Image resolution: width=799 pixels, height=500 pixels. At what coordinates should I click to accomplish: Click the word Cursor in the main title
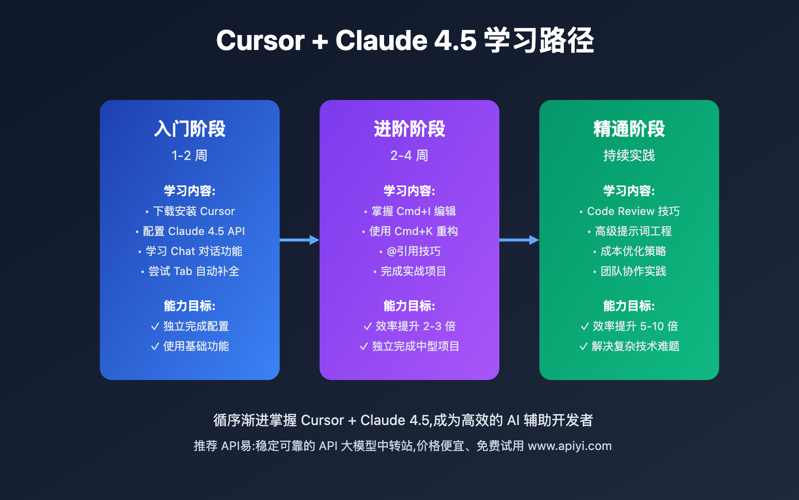(x=260, y=40)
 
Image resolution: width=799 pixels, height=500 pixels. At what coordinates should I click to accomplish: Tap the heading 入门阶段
(x=190, y=129)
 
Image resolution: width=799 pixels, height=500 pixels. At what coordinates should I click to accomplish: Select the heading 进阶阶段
(x=409, y=129)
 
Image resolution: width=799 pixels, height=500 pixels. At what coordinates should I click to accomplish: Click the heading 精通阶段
(x=629, y=129)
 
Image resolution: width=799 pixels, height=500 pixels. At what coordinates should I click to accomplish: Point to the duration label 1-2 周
(x=190, y=155)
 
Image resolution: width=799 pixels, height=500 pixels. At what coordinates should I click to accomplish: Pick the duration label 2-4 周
(x=409, y=155)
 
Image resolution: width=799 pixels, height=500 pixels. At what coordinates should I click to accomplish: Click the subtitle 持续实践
(x=629, y=155)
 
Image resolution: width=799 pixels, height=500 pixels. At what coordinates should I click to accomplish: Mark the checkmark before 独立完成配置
(x=155, y=326)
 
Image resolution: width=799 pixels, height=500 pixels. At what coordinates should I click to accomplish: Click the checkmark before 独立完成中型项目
(x=364, y=346)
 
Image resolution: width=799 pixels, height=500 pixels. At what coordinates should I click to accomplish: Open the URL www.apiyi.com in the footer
(x=570, y=446)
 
